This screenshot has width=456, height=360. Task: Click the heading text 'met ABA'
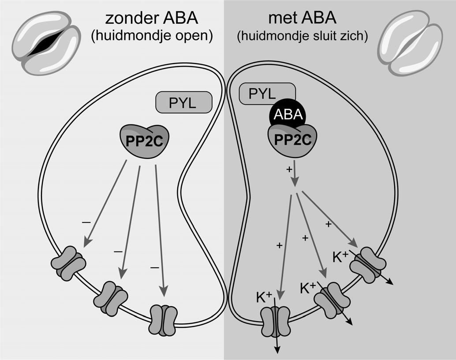click(302, 18)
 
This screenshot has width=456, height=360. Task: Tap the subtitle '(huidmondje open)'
click(151, 36)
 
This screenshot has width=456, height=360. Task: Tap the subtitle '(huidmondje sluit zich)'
click(302, 36)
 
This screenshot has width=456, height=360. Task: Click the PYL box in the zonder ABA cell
click(184, 103)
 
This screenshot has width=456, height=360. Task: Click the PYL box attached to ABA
click(260, 94)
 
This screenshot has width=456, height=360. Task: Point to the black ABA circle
click(287, 116)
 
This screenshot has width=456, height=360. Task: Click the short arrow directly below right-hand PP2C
click(294, 176)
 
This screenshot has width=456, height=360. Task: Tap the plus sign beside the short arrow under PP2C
click(289, 169)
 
